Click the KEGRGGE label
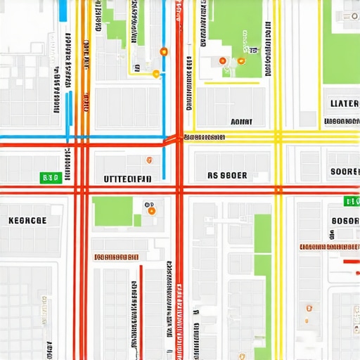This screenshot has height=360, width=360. (x=27, y=220)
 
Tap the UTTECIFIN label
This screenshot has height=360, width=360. (x=127, y=179)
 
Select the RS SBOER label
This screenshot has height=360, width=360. (x=227, y=175)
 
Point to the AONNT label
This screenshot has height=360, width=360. (x=241, y=121)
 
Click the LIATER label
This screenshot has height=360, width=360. (x=344, y=103)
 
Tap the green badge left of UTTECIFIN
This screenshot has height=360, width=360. (x=49, y=179)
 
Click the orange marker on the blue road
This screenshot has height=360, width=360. (x=164, y=51)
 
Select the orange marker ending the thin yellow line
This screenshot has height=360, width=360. (x=156, y=73)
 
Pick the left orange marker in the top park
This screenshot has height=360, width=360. (x=223, y=62)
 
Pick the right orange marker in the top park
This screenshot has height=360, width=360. (x=241, y=61)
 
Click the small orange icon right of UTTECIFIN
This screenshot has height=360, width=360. (x=148, y=160)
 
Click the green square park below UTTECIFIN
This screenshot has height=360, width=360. (x=112, y=211)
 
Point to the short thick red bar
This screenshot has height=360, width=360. (x=351, y=262)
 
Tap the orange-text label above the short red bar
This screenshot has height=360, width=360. (x=329, y=247)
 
